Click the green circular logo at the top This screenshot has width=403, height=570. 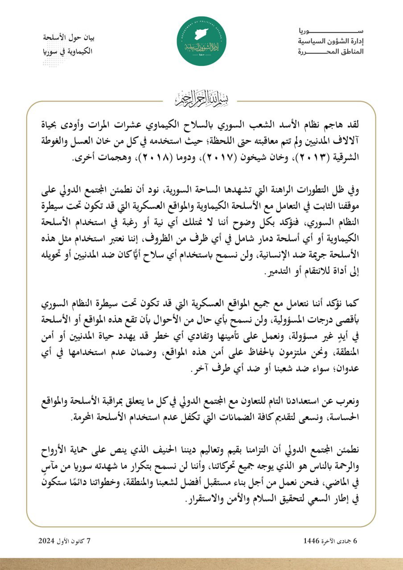(201, 41)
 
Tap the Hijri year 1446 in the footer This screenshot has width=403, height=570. (312, 541)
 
